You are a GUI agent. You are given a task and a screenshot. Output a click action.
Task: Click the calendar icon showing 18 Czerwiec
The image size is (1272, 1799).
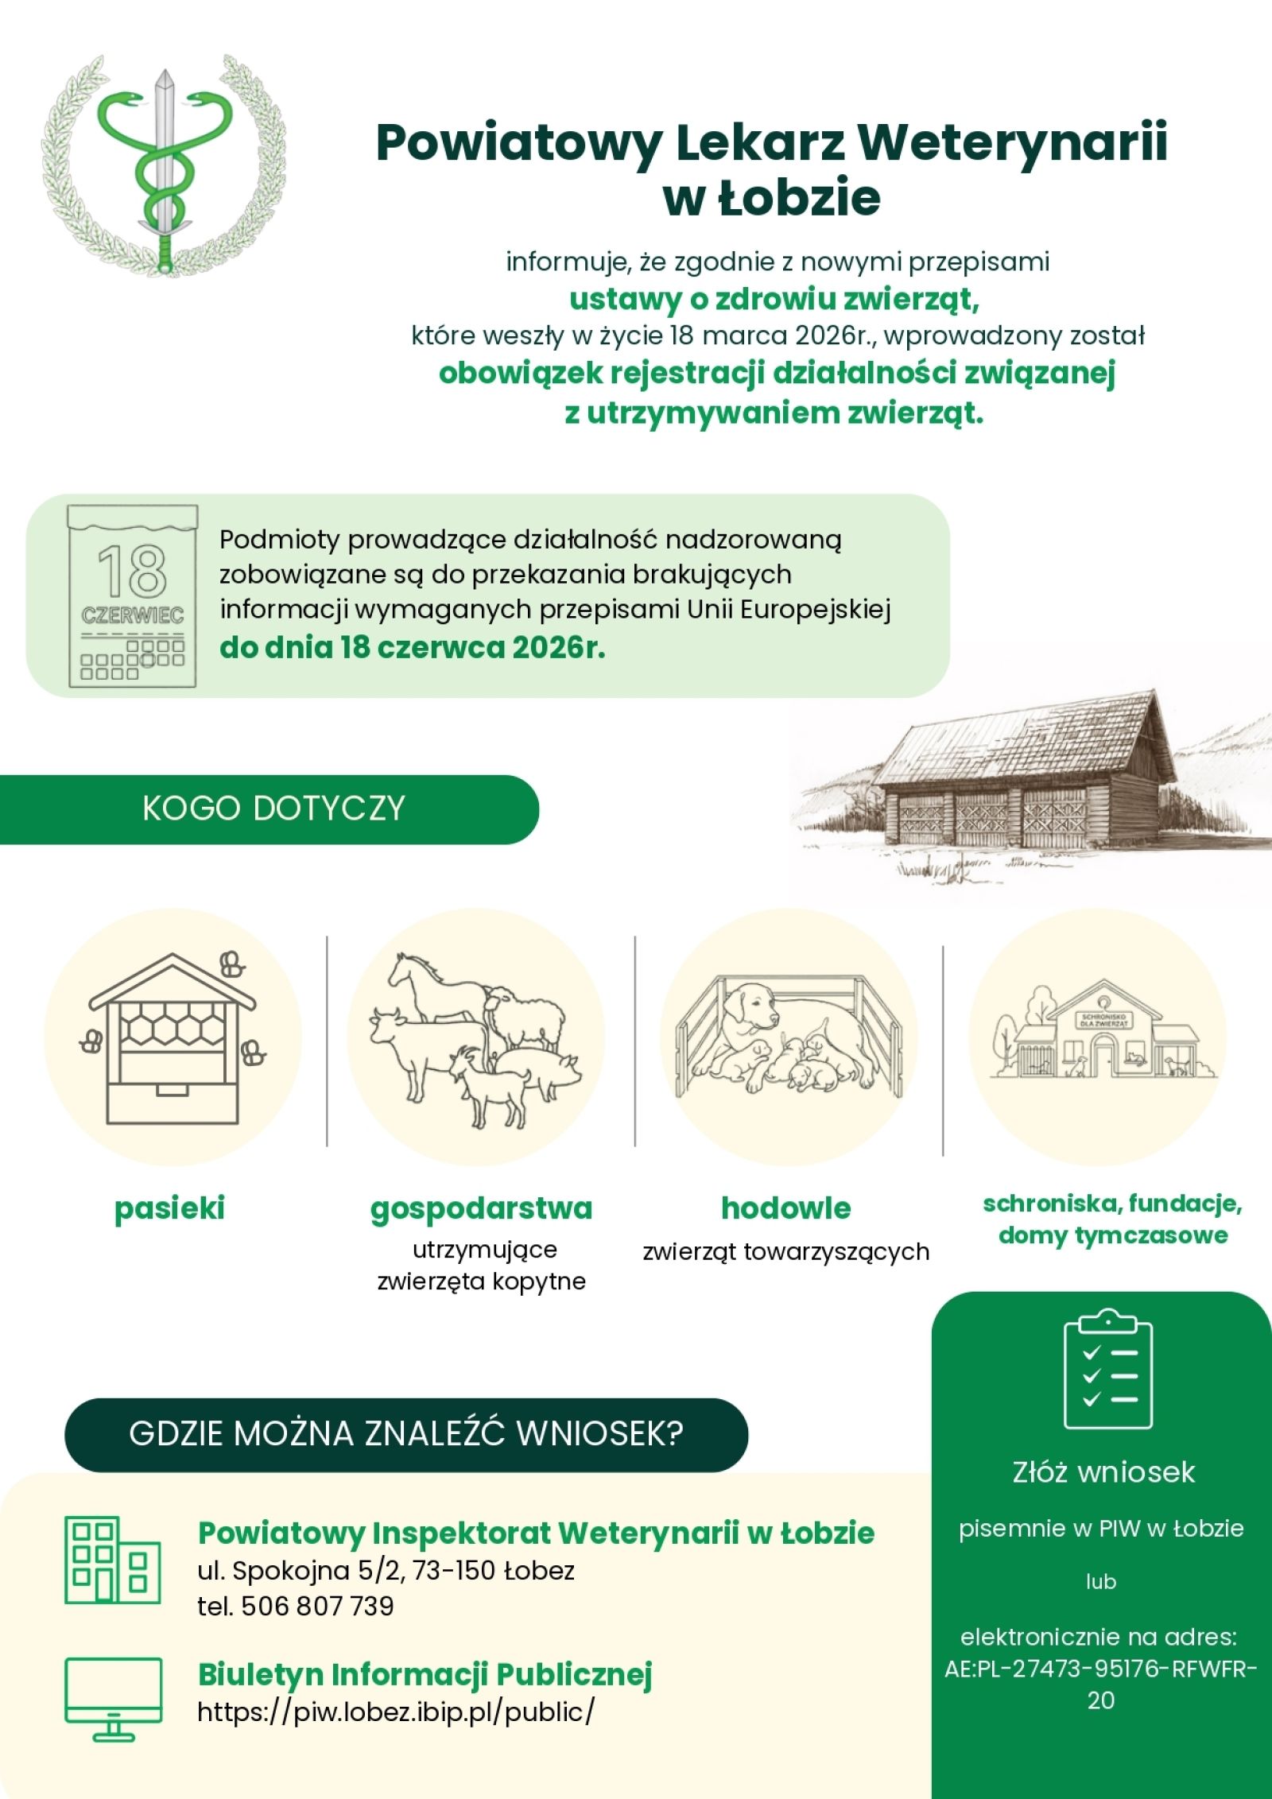click(x=133, y=595)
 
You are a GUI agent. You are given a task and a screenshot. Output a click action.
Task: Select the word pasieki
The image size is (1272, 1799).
click(x=169, y=1209)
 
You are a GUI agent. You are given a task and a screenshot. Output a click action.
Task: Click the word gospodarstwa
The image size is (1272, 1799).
click(x=481, y=1209)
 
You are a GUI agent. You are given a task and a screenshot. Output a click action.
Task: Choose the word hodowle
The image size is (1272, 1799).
click(x=785, y=1209)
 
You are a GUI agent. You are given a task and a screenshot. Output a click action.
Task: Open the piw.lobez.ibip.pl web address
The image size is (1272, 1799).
click(x=395, y=1711)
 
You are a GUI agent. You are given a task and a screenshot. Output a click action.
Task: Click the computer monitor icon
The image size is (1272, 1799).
click(x=114, y=1698)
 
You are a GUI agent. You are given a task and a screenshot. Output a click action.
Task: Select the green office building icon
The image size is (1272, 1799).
click(x=112, y=1561)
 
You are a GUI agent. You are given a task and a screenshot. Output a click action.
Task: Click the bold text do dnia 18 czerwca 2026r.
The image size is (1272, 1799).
click(x=412, y=648)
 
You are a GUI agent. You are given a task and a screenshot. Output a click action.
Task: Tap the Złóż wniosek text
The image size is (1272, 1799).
click(x=1103, y=1472)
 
